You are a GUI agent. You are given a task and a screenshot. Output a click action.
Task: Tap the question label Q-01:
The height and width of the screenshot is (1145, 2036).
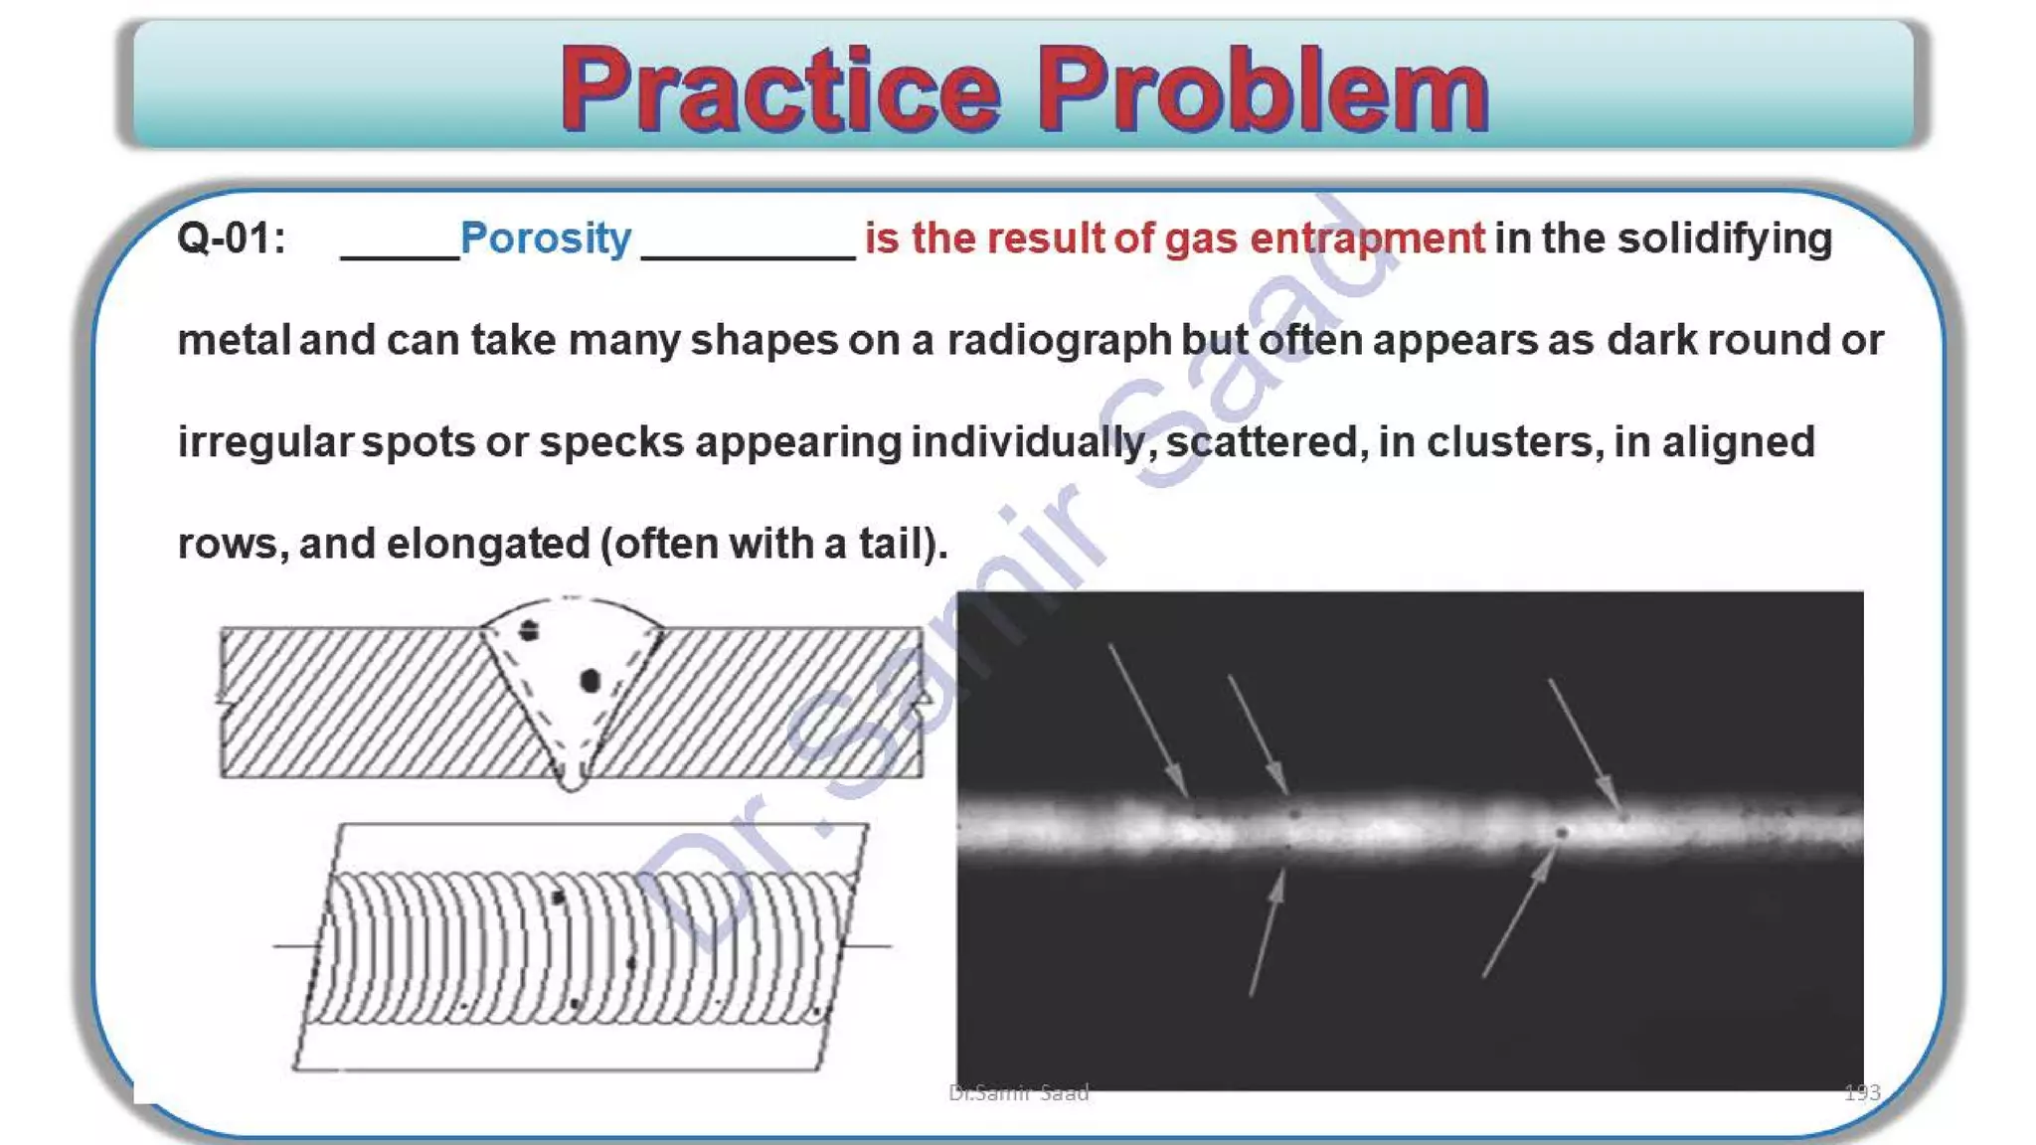point(231,240)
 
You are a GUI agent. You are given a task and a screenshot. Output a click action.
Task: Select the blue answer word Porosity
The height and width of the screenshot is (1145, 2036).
point(546,240)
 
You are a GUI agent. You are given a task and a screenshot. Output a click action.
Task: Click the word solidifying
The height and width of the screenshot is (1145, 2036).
point(1725,240)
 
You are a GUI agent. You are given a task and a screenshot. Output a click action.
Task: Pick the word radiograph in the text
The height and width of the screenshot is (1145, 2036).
point(1059,341)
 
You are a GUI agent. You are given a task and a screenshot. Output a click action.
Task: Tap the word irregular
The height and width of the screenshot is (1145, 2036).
point(264,442)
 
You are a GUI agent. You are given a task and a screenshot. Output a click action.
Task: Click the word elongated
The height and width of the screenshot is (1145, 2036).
point(488,544)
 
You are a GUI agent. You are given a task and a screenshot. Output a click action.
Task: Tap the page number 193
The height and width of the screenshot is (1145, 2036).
point(1862,1093)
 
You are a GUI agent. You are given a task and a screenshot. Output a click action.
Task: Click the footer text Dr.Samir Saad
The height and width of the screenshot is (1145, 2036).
point(1019,1093)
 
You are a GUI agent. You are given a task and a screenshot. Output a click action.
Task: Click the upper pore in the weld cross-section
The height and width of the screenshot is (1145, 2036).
point(529,630)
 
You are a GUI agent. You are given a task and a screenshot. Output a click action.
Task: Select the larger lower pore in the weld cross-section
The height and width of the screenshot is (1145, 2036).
point(591,681)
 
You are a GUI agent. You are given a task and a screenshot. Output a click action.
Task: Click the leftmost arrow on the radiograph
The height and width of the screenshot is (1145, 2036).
point(1148,721)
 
